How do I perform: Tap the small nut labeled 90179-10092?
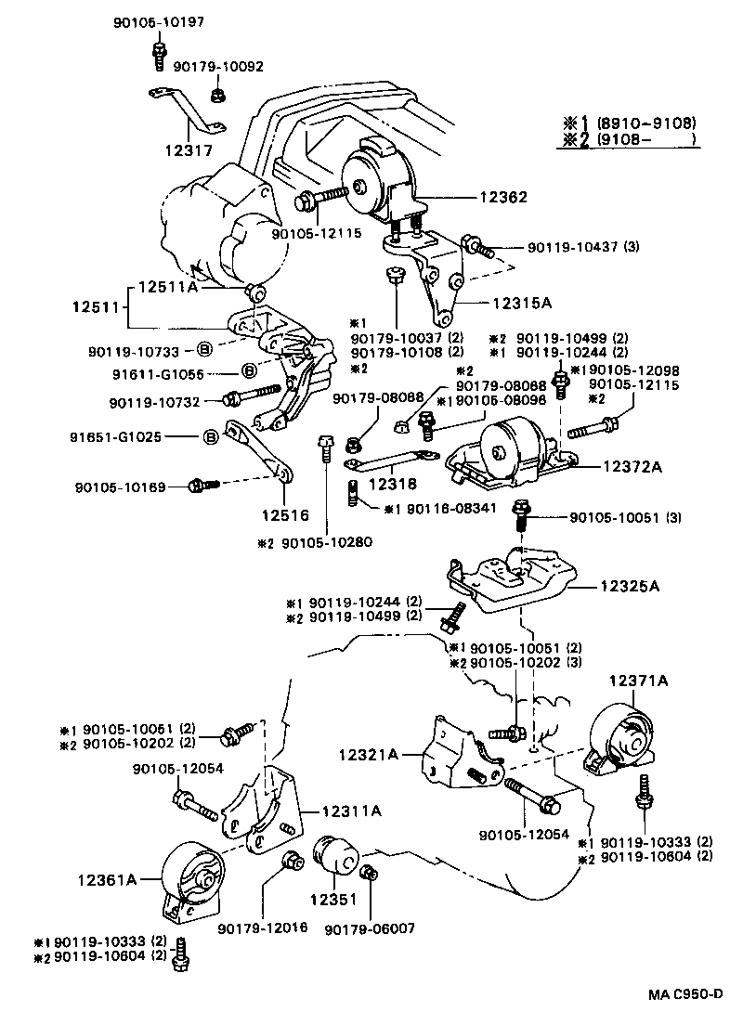click(216, 94)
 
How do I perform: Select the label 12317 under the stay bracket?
click(190, 150)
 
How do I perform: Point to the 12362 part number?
click(503, 197)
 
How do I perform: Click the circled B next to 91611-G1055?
click(249, 371)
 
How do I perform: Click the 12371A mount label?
click(638, 681)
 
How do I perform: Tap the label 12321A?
click(369, 756)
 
